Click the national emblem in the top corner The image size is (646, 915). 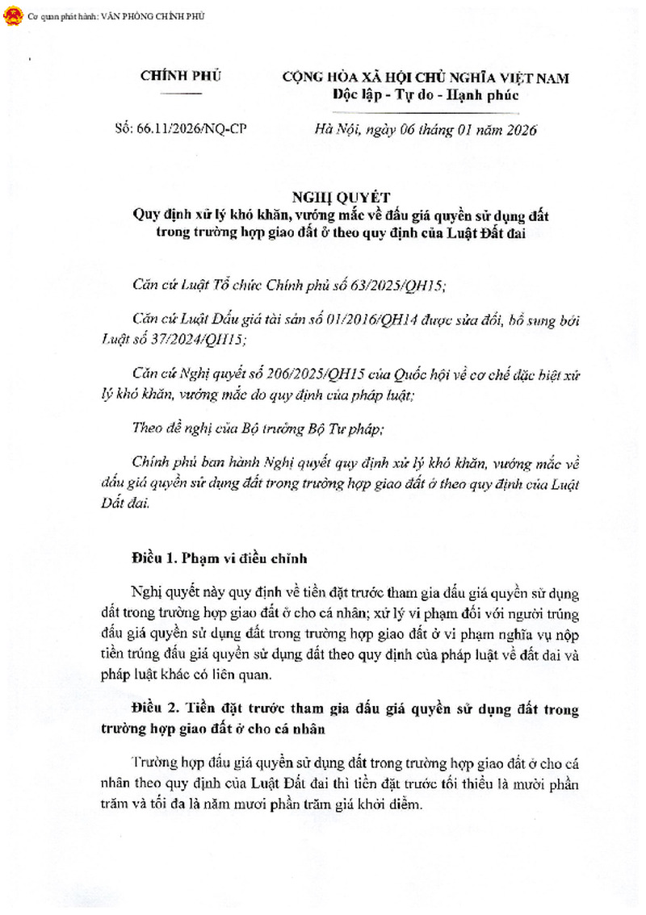pyautogui.click(x=14, y=15)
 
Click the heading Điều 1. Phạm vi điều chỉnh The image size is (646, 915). pyautogui.click(x=219, y=558)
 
